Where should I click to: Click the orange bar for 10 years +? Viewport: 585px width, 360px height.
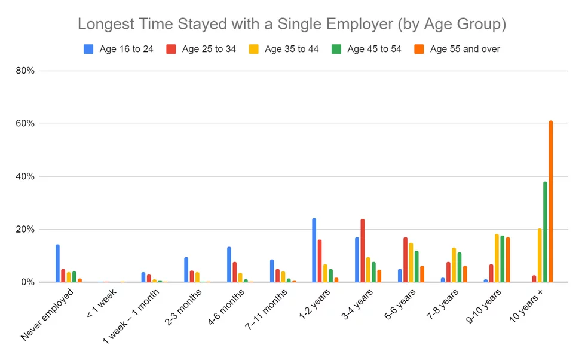pyautogui.click(x=550, y=202)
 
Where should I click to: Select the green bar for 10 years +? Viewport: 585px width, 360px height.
pyautogui.click(x=545, y=232)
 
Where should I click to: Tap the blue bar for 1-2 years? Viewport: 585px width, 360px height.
pyautogui.click(x=314, y=250)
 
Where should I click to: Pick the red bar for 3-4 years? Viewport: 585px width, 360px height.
pyautogui.click(x=362, y=251)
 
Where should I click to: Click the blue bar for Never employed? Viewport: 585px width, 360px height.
pyautogui.click(x=57, y=263)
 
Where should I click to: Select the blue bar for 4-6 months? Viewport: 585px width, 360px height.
pyautogui.click(x=229, y=264)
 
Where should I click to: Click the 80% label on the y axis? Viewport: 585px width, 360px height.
pyautogui.click(x=27, y=71)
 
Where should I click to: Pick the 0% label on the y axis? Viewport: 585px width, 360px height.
pyautogui.click(x=29, y=282)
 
